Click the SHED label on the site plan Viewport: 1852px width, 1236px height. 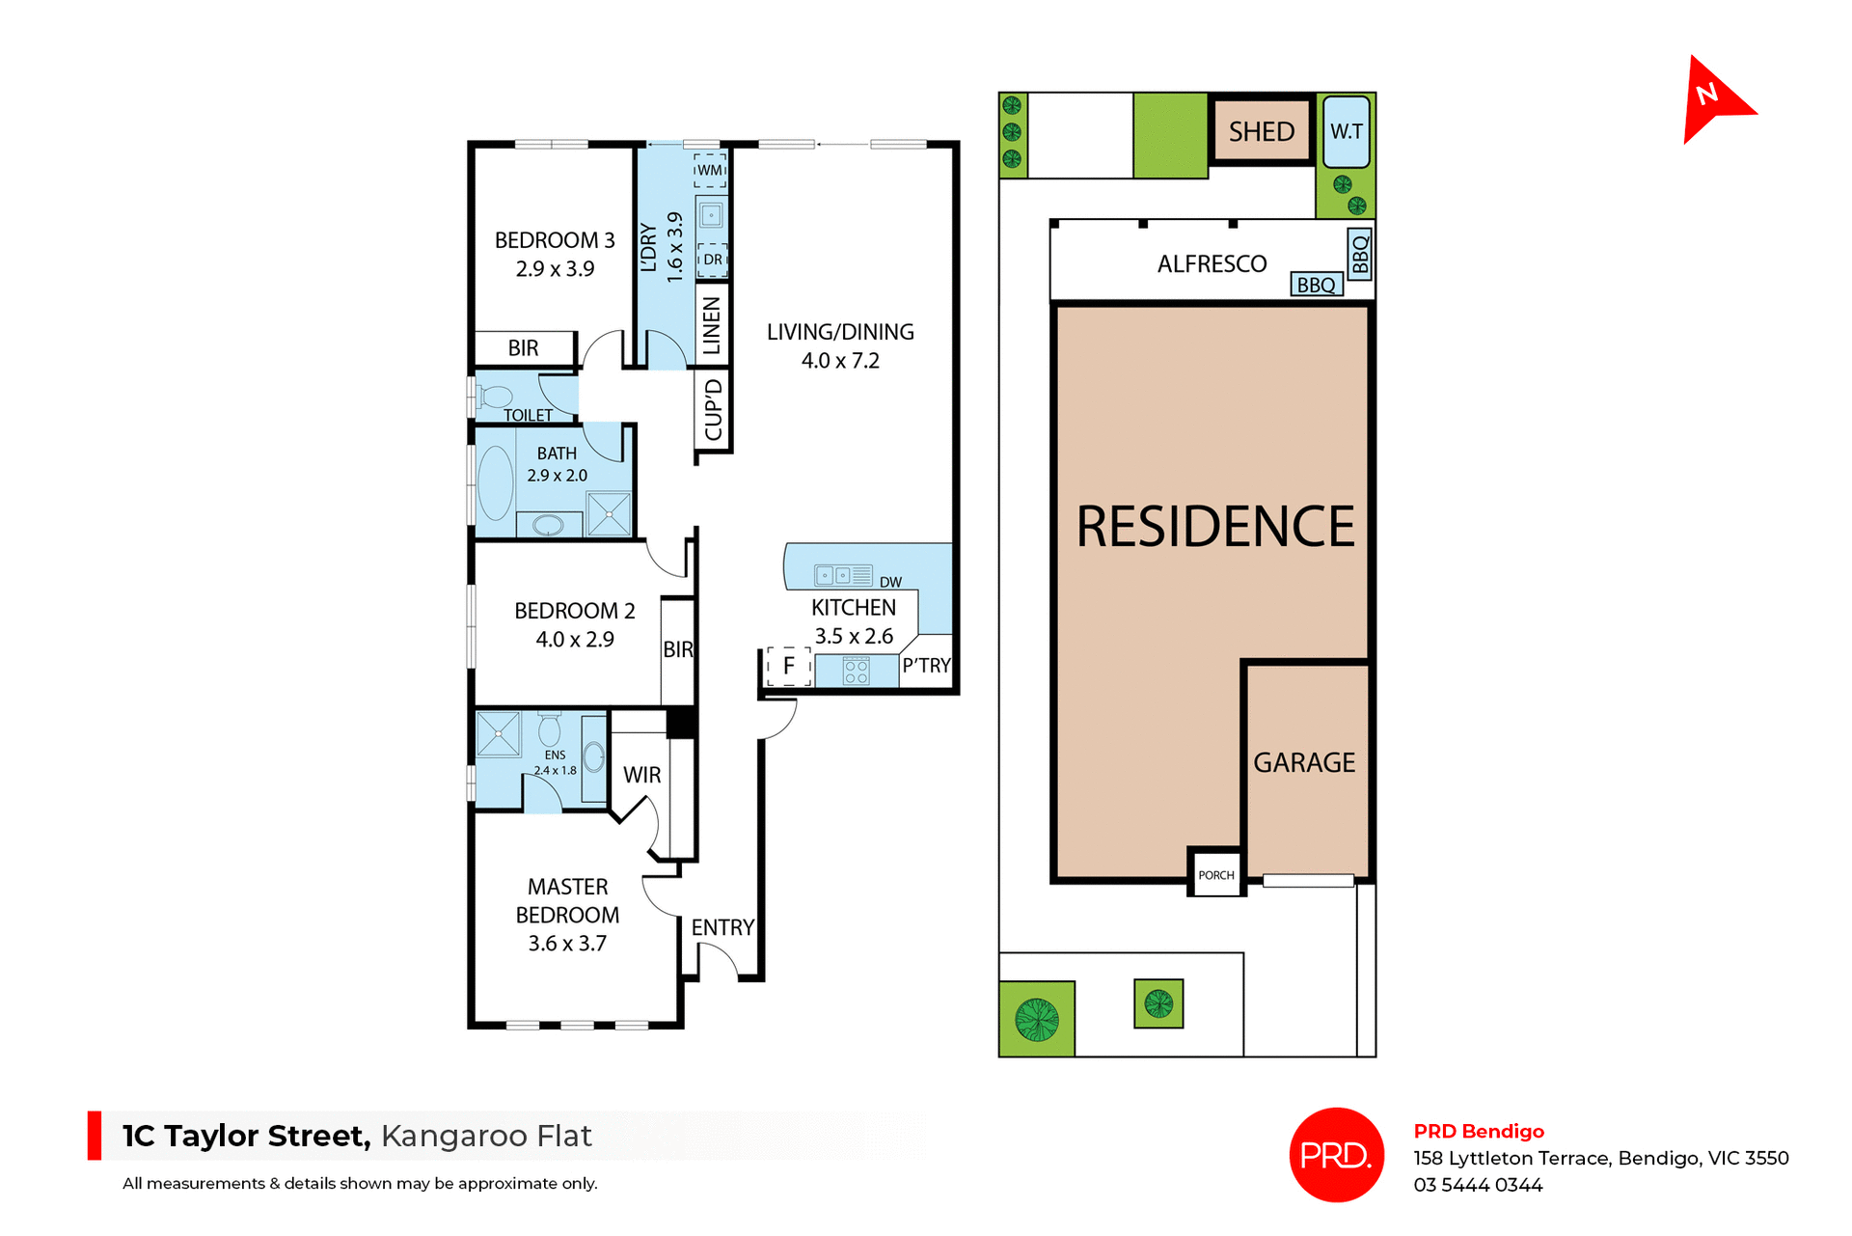(x=1261, y=131)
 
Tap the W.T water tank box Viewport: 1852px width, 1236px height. (x=1346, y=131)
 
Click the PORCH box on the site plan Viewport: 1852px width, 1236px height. (x=1215, y=874)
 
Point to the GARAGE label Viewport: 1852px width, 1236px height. (x=1304, y=762)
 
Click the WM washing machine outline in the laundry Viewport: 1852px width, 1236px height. (x=710, y=170)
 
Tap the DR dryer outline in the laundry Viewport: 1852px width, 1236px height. (x=712, y=260)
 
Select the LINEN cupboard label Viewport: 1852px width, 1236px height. (x=712, y=325)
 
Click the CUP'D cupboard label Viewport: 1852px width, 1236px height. (x=713, y=410)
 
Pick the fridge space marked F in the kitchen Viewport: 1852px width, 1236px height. (x=788, y=666)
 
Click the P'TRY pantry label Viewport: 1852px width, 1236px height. (x=926, y=666)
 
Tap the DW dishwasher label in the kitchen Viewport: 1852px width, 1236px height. (x=890, y=582)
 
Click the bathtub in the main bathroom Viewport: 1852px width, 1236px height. (x=496, y=482)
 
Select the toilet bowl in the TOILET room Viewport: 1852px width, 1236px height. (x=496, y=397)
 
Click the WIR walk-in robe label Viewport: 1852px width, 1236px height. (x=641, y=775)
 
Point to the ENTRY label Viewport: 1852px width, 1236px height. (x=722, y=927)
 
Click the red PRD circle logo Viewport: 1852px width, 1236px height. (x=1336, y=1154)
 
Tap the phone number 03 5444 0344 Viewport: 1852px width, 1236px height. (x=1478, y=1185)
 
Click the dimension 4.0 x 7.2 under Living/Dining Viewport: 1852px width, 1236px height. (x=840, y=361)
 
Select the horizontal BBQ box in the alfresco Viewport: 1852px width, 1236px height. (x=1316, y=285)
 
